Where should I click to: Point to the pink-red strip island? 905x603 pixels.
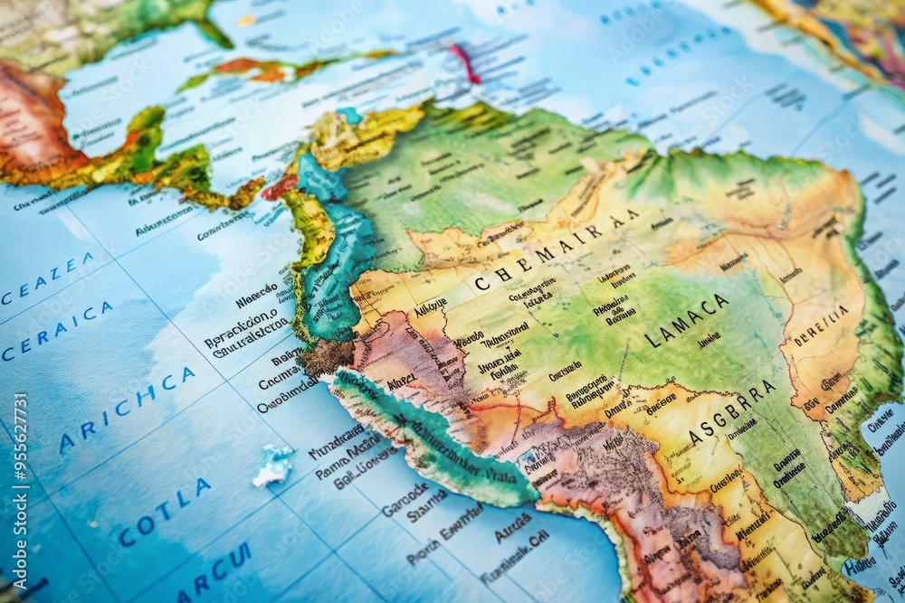tap(466, 63)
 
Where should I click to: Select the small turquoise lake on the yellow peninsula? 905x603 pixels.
tap(348, 116)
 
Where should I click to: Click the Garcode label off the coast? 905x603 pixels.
tap(405, 499)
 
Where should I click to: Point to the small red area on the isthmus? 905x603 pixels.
tap(279, 187)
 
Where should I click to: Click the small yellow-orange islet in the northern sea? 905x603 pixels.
tap(245, 19)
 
